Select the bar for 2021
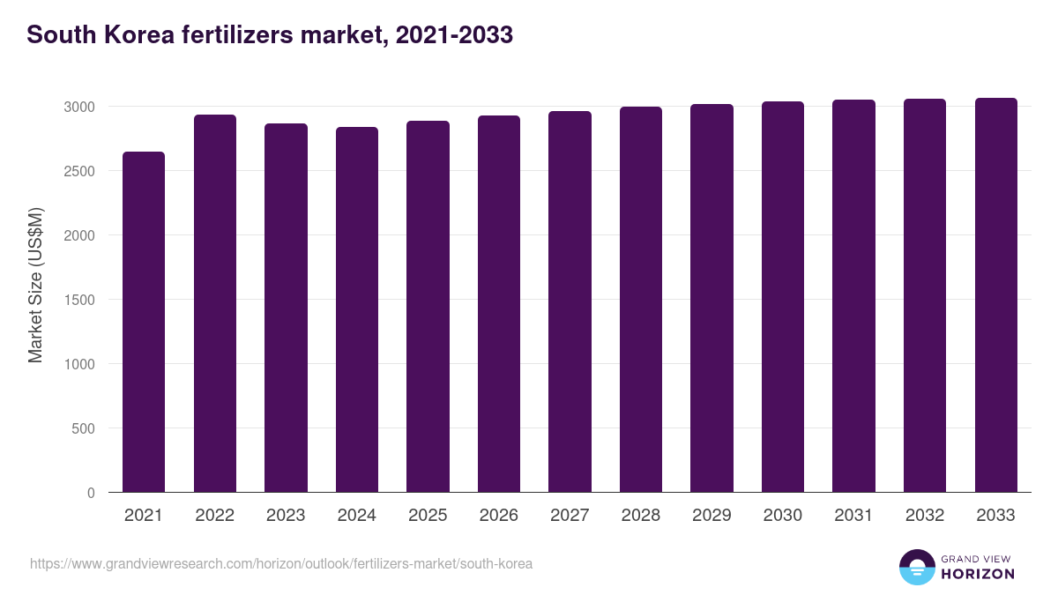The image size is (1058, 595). coord(144,322)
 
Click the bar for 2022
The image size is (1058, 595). coord(215,303)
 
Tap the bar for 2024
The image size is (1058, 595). coord(357,309)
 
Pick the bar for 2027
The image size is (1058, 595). coord(570,301)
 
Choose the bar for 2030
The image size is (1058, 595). coord(783,297)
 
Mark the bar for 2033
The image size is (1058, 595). coord(995,295)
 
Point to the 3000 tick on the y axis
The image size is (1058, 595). coord(78,107)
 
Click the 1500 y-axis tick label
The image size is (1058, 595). coord(78,300)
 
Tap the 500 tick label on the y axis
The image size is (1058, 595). coord(83,428)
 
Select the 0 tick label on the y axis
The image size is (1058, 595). coord(91,493)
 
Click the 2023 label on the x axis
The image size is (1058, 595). coord(286,516)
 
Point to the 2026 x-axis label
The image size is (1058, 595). coord(499,516)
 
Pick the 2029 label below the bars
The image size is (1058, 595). coord(712,516)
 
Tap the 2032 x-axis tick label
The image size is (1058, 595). coord(925,516)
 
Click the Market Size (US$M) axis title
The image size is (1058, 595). coord(35,286)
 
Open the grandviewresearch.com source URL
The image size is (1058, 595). coord(281,563)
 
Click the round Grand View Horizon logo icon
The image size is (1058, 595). coord(916,567)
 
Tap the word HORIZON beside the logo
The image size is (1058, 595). coord(977,574)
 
